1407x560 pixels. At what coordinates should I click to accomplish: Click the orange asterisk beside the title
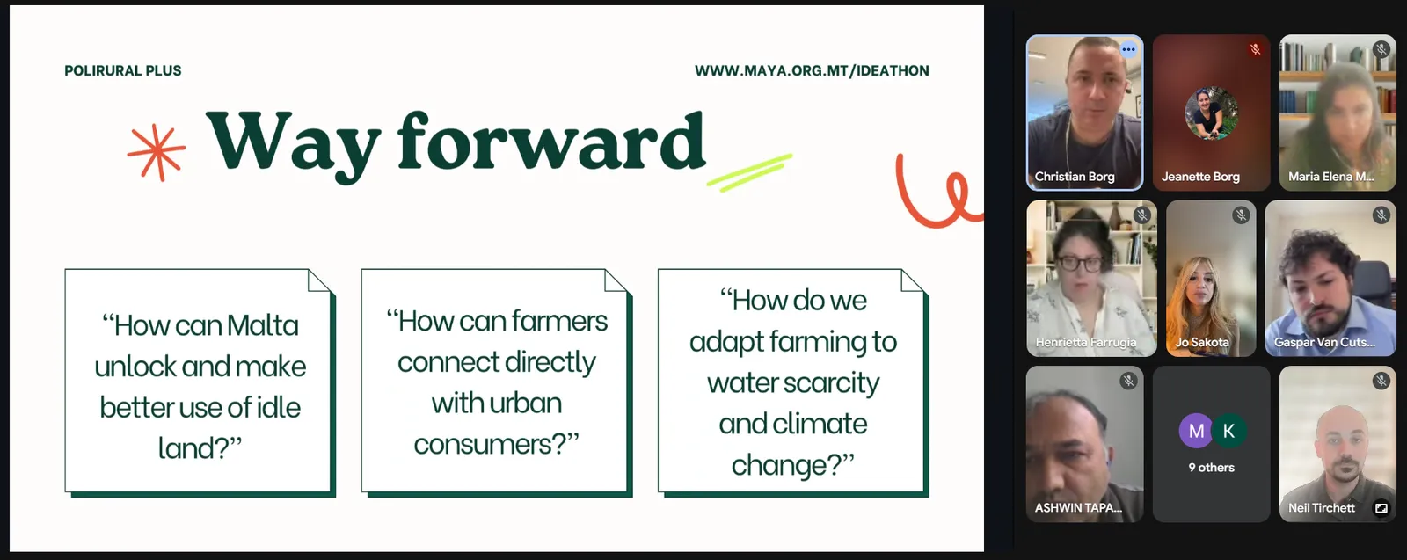pyautogui.click(x=157, y=153)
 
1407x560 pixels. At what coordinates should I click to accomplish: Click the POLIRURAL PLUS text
pyautogui.click(x=123, y=71)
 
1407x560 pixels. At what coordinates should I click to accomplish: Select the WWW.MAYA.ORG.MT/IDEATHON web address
pyautogui.click(x=812, y=71)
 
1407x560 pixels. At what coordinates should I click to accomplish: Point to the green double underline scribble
pyautogui.click(x=749, y=172)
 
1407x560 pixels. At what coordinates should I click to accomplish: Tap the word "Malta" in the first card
pyautogui.click(x=263, y=326)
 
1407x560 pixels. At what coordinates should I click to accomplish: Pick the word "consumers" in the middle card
pyautogui.click(x=490, y=445)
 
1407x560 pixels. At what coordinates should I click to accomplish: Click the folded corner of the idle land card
pyautogui.click(x=320, y=280)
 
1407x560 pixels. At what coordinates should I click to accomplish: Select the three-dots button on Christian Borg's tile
pyautogui.click(x=1128, y=49)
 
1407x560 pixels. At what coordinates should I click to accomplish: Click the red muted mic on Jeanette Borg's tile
pyautogui.click(x=1255, y=49)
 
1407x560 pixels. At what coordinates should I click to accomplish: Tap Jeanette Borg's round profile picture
pyautogui.click(x=1211, y=113)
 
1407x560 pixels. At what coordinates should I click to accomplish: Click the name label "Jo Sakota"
pyautogui.click(x=1202, y=343)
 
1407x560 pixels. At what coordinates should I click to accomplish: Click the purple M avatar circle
pyautogui.click(x=1196, y=431)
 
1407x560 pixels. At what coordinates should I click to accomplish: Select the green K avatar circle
pyautogui.click(x=1228, y=431)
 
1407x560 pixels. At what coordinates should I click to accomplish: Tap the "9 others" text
pyautogui.click(x=1211, y=468)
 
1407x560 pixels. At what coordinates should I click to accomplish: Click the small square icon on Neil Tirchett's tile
pyautogui.click(x=1381, y=508)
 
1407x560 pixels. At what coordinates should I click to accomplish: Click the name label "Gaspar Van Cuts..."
pyautogui.click(x=1324, y=343)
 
